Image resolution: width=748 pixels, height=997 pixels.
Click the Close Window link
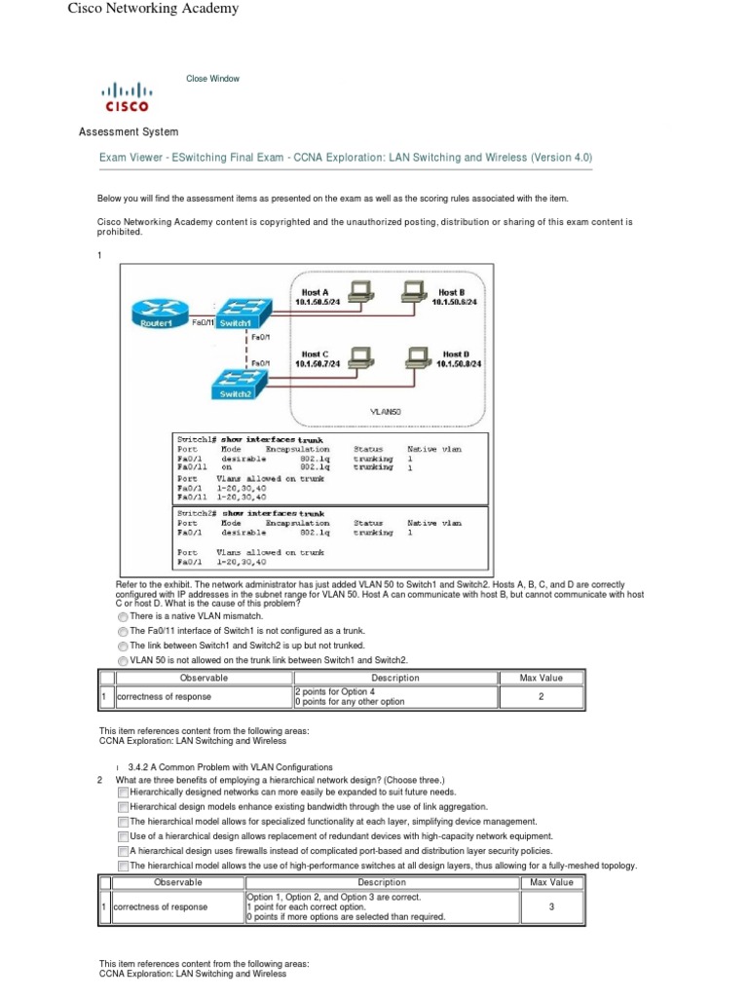click(212, 79)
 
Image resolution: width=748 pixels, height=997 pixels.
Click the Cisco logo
click(127, 97)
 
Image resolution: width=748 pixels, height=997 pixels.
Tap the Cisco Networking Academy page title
click(152, 9)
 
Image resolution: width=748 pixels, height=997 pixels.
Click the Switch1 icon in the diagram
click(236, 314)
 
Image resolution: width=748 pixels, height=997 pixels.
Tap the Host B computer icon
click(413, 289)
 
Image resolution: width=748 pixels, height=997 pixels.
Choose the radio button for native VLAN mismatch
click(122, 616)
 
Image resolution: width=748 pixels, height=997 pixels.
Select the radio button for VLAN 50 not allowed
click(122, 660)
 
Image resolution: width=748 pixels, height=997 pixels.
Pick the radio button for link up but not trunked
click(122, 646)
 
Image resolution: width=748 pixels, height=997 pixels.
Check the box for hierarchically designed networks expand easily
click(123, 794)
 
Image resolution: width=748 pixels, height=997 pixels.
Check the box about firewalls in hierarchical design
click(123, 850)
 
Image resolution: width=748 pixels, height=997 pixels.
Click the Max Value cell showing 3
click(551, 906)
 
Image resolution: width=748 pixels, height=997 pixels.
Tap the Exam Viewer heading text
click(346, 157)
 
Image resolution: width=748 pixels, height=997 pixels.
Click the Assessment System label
click(128, 131)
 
